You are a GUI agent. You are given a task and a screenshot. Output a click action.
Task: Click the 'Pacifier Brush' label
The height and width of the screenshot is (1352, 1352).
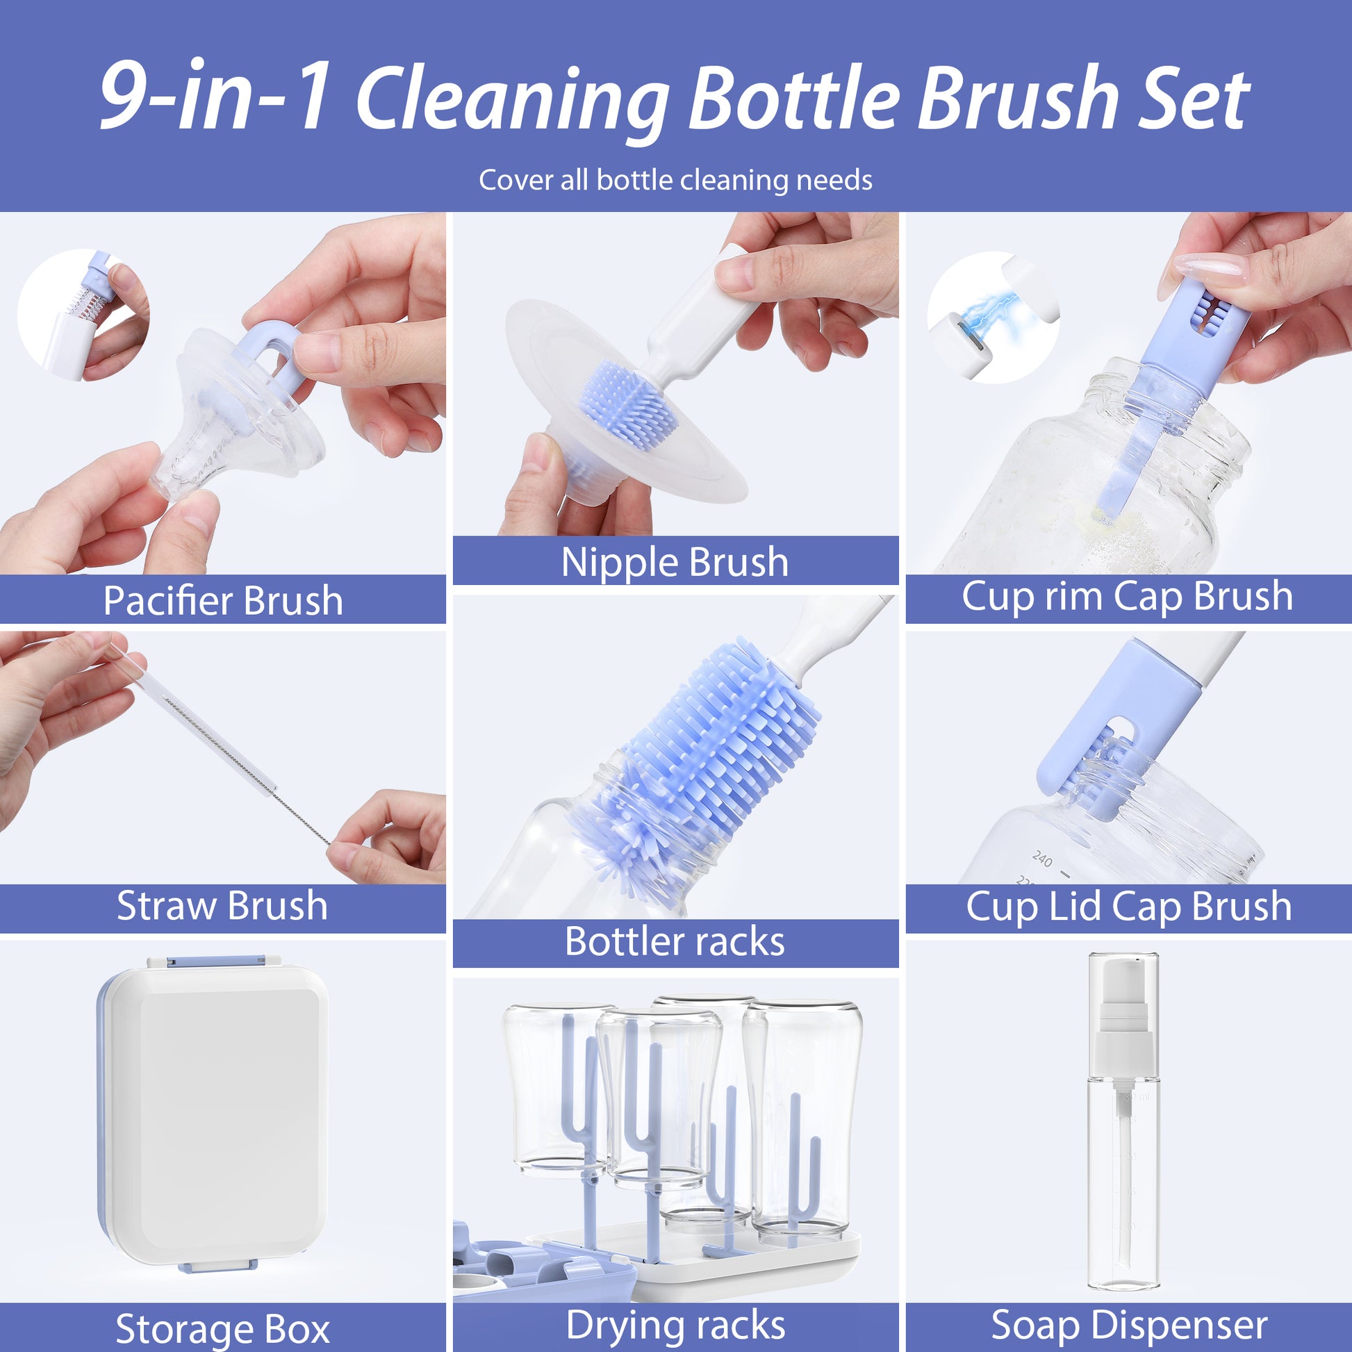click(x=222, y=600)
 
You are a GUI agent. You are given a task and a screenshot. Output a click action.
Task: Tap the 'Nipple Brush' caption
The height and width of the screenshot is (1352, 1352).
click(x=675, y=562)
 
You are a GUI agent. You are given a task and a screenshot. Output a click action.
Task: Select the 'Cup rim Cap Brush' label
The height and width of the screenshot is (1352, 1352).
click(x=1127, y=596)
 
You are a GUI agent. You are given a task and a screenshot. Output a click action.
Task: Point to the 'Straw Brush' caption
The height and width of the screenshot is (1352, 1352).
click(x=222, y=905)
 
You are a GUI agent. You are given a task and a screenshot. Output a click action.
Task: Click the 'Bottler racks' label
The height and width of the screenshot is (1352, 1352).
click(x=675, y=941)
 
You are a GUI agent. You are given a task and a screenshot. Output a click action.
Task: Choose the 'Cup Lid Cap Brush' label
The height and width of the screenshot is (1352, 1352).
click(x=1128, y=907)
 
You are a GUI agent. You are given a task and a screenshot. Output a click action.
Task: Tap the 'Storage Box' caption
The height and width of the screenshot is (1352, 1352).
click(x=222, y=1328)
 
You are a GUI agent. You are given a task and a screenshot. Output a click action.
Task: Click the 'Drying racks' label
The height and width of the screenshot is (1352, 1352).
click(x=675, y=1325)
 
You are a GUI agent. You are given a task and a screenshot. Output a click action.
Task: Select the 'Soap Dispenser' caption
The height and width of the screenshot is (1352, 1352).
click(x=1129, y=1325)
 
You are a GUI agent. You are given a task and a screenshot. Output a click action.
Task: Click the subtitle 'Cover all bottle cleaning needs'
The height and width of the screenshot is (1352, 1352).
click(x=675, y=181)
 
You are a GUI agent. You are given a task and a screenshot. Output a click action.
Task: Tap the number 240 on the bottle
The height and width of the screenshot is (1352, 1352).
click(x=1042, y=859)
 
